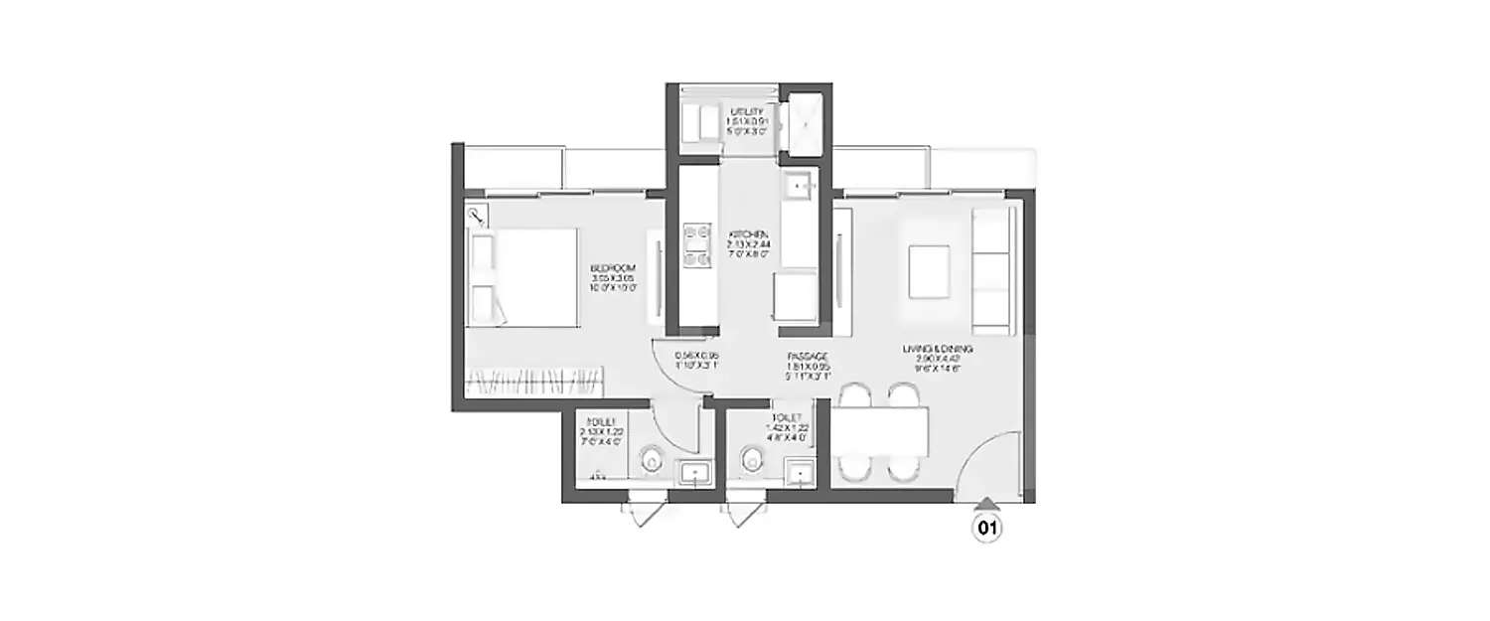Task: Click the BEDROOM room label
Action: (x=613, y=268)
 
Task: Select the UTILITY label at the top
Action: (x=747, y=111)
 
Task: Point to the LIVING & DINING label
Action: (x=937, y=350)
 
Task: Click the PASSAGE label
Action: (x=808, y=357)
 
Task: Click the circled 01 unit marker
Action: (x=986, y=529)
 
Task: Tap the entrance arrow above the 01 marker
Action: (x=986, y=504)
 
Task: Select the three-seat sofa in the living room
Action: (x=990, y=270)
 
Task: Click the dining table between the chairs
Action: (x=879, y=432)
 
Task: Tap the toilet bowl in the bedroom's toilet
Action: (x=652, y=459)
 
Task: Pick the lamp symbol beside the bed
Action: (x=477, y=215)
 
